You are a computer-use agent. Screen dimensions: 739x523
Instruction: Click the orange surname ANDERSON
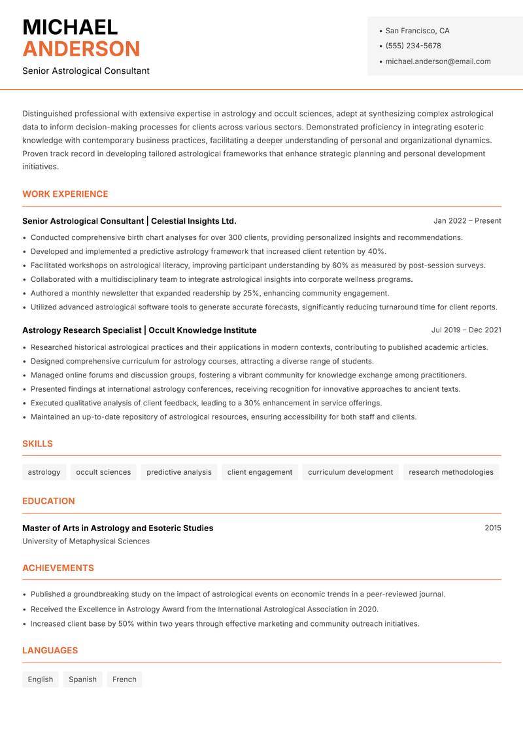click(x=81, y=49)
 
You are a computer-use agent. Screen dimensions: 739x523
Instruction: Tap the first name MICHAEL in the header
click(x=70, y=27)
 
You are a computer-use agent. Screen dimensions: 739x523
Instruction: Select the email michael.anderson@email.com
click(x=437, y=61)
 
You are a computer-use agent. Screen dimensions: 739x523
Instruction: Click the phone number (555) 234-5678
click(x=413, y=46)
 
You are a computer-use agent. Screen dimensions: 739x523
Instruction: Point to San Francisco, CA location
click(x=417, y=31)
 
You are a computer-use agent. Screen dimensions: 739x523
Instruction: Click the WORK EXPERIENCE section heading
click(x=65, y=194)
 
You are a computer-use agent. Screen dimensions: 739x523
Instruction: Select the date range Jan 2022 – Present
click(x=467, y=221)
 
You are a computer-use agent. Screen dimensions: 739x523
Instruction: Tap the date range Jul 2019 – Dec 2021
click(x=466, y=330)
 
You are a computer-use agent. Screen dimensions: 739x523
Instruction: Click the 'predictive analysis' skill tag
click(x=178, y=472)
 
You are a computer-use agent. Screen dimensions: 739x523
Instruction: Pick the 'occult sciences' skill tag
click(x=103, y=472)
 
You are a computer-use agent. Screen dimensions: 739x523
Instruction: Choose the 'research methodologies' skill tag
click(x=450, y=472)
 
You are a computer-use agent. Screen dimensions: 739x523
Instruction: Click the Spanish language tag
click(x=82, y=679)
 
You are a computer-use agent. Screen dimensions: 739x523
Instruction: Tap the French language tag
click(x=124, y=679)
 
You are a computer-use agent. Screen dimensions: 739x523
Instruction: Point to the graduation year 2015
click(x=492, y=528)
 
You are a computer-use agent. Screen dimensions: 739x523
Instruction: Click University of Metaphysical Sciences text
click(x=86, y=541)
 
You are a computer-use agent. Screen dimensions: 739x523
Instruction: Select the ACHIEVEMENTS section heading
click(x=58, y=568)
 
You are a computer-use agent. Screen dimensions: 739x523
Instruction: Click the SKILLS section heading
click(x=37, y=444)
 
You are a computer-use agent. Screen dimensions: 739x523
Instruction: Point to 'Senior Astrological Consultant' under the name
click(x=86, y=71)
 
